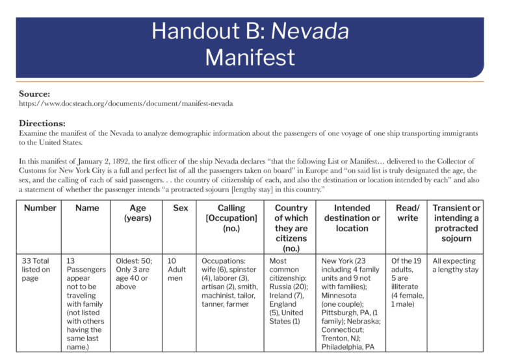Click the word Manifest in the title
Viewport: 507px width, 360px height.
(250, 57)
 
